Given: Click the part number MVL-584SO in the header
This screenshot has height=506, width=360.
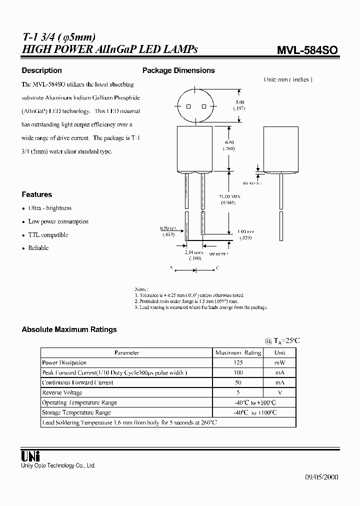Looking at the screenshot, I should coord(307,50).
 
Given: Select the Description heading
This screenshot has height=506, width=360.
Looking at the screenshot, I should coord(42,70).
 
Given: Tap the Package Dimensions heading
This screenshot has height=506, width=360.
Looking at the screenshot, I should coord(178,70).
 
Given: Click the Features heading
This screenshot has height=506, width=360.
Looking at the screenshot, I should coord(37,194).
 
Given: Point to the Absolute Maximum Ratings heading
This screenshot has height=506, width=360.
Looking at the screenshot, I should coord(69,329).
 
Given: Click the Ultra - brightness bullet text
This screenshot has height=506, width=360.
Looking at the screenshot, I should coord(50,208).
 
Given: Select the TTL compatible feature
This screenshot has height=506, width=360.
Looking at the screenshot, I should coord(48,234).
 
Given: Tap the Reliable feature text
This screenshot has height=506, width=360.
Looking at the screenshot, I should coord(38,248).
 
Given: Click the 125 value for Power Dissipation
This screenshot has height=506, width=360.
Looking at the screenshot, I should coord(238,362).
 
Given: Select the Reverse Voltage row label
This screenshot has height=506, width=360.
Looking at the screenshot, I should coord(62,392).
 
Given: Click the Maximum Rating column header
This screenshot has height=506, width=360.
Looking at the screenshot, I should coord(238,352).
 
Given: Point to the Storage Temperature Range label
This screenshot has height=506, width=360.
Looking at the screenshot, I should coord(76,412).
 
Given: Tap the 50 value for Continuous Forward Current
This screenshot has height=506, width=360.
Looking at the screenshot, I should coord(238,382).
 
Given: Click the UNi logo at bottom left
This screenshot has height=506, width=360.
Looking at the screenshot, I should coord(30,455).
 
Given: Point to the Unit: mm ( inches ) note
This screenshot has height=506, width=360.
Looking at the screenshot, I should coord(288,79).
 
